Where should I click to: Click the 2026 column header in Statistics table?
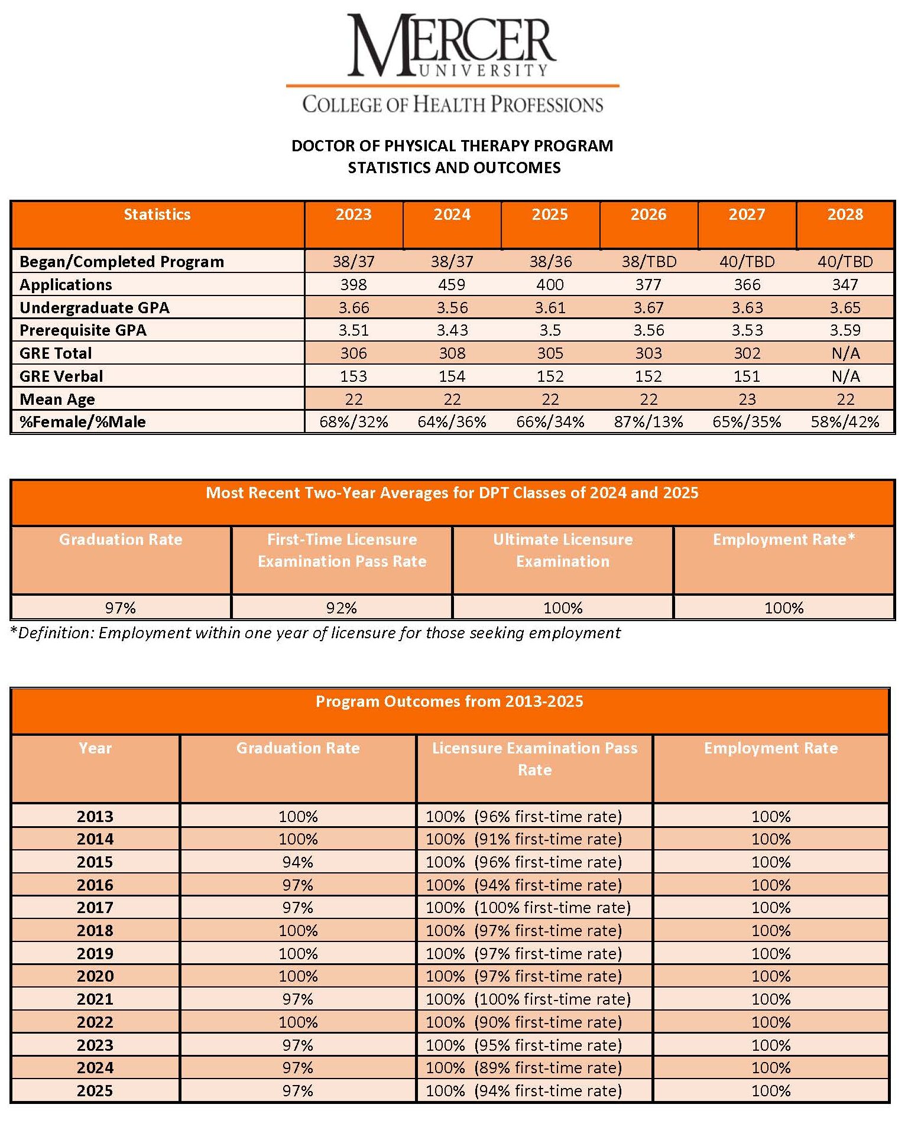pos(648,215)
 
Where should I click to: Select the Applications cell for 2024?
pos(452,285)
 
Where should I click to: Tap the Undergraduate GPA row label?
pos(95,308)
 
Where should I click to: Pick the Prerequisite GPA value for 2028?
pos(845,330)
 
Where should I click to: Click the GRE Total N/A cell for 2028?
pos(845,353)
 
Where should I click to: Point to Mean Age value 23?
pos(747,400)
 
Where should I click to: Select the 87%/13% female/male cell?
pos(648,422)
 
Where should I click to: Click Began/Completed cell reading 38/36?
pos(550,262)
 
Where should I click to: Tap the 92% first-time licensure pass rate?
pos(342,608)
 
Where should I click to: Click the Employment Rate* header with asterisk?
pos(784,540)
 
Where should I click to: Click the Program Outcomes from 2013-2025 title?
pos(449,701)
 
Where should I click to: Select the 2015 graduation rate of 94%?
pos(297,862)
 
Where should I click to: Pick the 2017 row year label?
pos(95,908)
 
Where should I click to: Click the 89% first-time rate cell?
pos(524,1068)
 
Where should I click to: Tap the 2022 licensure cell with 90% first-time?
pos(524,1022)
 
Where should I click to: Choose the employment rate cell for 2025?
pos(771,1091)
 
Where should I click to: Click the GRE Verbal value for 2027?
pos(747,376)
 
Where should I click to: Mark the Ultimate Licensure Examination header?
pos(563,550)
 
